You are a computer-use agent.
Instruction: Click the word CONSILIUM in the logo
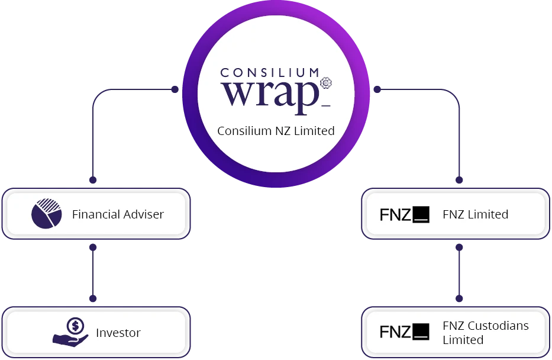[x=270, y=73]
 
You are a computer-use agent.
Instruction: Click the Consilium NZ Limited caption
[x=276, y=131]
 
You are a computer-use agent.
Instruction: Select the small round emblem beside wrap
[x=325, y=83]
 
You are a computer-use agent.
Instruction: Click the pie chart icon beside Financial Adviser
[x=47, y=214]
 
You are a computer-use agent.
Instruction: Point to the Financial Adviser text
[x=118, y=214]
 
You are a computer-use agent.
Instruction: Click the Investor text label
[x=118, y=333]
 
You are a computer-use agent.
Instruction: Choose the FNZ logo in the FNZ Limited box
[x=404, y=214]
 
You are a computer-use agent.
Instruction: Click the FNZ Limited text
[x=475, y=214]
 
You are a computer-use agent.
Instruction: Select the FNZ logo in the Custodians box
[x=404, y=332]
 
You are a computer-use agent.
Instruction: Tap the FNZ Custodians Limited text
[x=485, y=333]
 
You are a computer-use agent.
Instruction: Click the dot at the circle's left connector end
[x=175, y=89]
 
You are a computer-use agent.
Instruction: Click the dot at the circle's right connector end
[x=377, y=89]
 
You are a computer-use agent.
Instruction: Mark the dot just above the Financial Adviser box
[x=93, y=179]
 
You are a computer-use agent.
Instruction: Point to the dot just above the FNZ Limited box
[x=459, y=179]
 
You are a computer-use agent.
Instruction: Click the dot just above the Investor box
[x=93, y=298]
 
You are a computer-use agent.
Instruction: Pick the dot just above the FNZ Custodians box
[x=459, y=298]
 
